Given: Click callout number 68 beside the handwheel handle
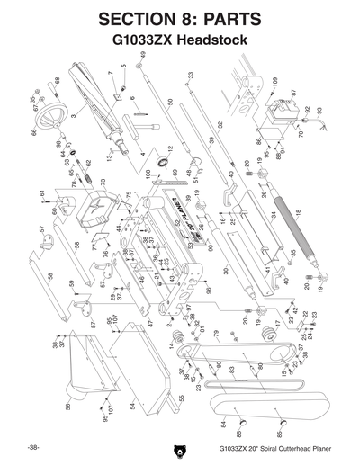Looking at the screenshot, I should (x=58, y=81).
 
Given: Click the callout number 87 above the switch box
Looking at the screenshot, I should (x=292, y=93).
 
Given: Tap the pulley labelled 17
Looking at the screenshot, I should (x=266, y=334).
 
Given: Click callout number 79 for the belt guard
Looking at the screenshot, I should (x=215, y=334).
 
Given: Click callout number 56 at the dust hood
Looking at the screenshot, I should (x=67, y=407).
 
